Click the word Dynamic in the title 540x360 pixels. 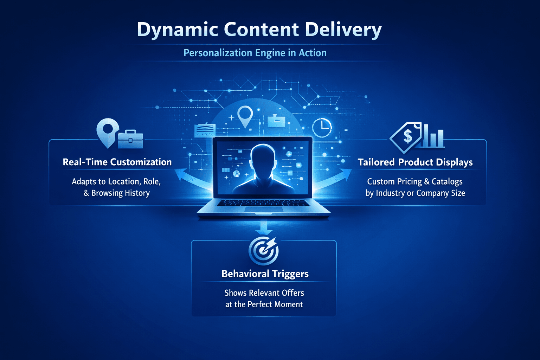[178, 30]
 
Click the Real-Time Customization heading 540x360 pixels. [117, 162]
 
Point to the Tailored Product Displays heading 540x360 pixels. [415, 162]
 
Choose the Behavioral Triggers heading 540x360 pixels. [265, 274]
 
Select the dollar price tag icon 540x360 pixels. [406, 137]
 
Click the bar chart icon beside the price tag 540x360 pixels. [433, 137]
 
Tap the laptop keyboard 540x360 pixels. [264, 203]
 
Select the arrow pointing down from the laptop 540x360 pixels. [264, 228]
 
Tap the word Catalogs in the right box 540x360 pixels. [447, 182]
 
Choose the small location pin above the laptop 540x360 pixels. [245, 115]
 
